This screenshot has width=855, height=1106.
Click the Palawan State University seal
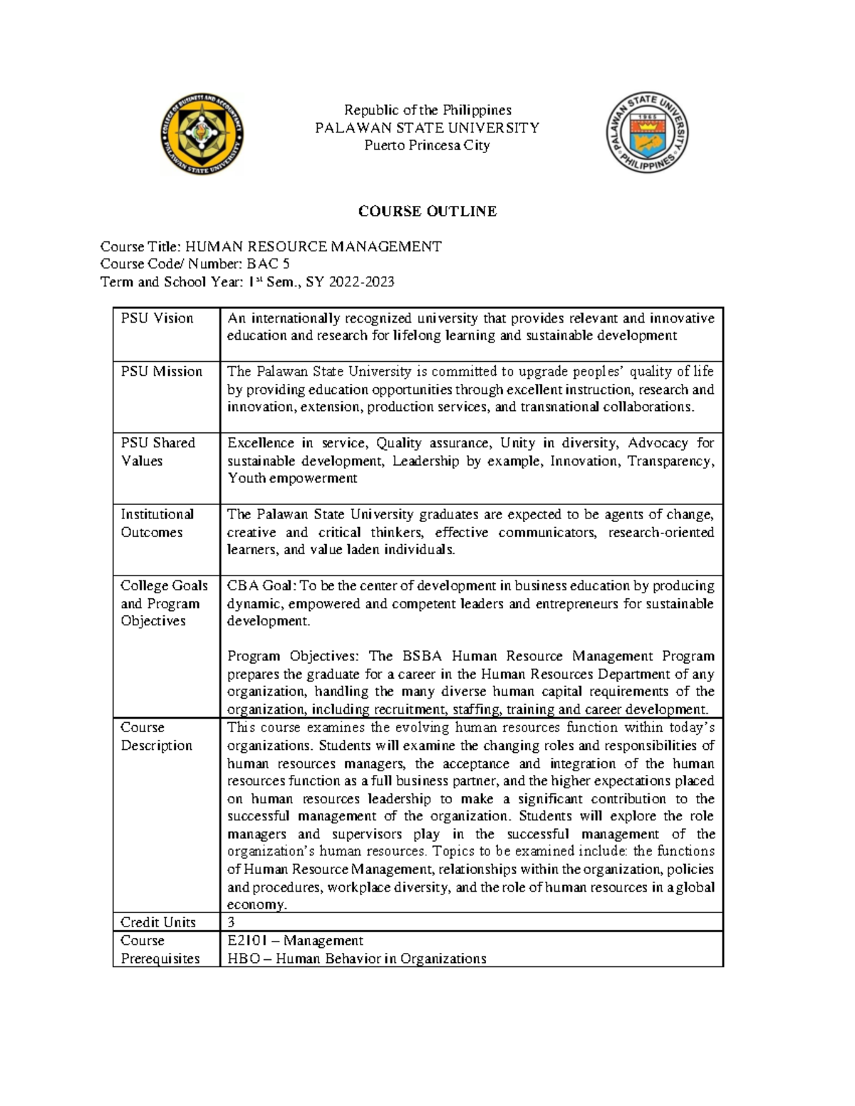[x=647, y=133]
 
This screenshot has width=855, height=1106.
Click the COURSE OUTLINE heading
[x=427, y=212]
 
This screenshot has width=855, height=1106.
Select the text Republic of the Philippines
[x=427, y=110]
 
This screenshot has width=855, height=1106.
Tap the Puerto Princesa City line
[x=427, y=145]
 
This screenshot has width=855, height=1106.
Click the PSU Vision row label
[x=157, y=318]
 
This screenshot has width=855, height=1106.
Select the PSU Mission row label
[x=161, y=372]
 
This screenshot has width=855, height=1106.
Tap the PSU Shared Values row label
[x=157, y=452]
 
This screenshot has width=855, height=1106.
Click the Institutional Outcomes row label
[x=157, y=523]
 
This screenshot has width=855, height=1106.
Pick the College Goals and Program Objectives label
[x=164, y=603]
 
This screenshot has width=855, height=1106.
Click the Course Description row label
[x=156, y=736]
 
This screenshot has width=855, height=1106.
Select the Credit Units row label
[x=157, y=922]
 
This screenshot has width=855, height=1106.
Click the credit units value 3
[x=231, y=922]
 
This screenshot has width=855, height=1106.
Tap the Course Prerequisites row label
[x=160, y=949]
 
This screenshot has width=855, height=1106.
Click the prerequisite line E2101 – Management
[x=295, y=941]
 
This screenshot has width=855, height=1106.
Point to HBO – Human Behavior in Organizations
[x=356, y=959]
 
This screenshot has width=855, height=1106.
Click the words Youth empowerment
[x=292, y=479]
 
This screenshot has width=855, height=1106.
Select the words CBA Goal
[x=260, y=586]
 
